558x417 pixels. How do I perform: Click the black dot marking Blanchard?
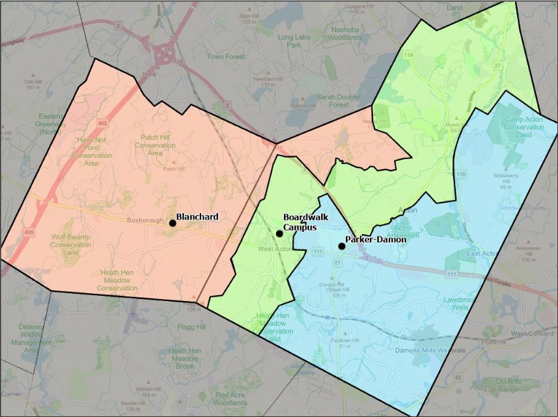point(173,223)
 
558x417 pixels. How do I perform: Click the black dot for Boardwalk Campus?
point(279,233)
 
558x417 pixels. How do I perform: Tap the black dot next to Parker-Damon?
point(341,246)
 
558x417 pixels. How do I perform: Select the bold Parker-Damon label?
point(376,240)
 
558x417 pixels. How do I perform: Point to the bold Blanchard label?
point(197,216)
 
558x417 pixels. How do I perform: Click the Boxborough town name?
point(145,220)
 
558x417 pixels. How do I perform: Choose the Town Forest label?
point(226,57)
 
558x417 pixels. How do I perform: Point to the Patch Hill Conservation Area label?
point(155,145)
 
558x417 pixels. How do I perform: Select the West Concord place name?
point(531,334)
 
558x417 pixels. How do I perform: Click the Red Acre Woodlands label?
point(231,399)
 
